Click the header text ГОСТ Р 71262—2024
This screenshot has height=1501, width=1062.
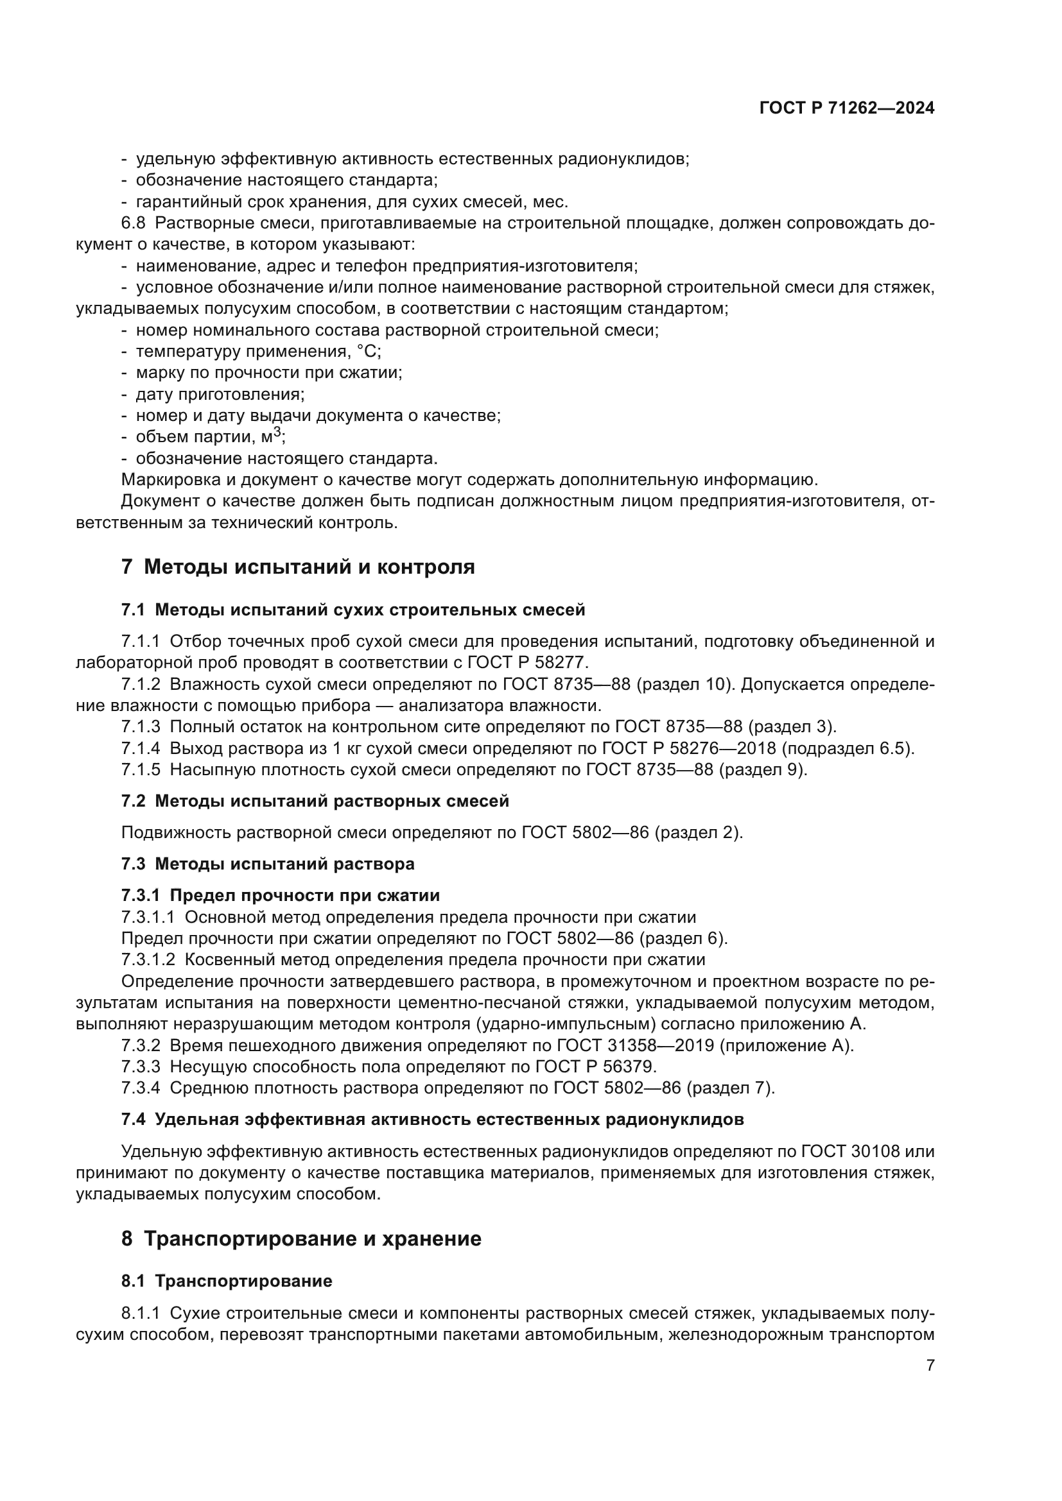click(846, 108)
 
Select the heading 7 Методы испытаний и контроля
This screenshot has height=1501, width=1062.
click(297, 567)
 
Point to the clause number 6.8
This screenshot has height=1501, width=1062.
click(133, 223)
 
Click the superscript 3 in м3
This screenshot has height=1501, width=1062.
click(277, 431)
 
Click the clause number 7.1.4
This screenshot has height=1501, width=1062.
click(141, 748)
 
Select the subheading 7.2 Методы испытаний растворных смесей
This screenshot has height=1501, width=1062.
click(315, 802)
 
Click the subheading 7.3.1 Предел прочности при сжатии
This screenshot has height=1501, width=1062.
click(280, 895)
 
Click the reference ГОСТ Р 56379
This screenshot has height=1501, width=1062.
click(595, 1067)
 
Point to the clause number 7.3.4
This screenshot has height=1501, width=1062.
click(141, 1088)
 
